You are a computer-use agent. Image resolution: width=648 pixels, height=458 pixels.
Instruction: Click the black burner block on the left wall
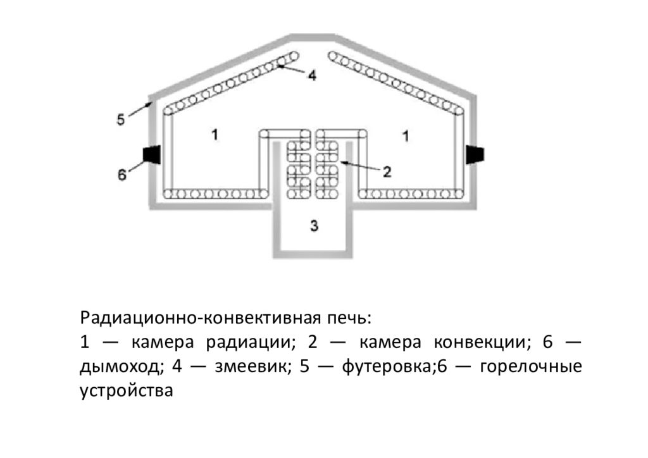(152, 154)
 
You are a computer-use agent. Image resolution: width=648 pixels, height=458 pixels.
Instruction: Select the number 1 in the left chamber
(215, 134)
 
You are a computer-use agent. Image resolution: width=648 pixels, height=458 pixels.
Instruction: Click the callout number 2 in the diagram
(388, 171)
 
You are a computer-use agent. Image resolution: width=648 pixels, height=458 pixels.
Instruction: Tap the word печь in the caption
(350, 316)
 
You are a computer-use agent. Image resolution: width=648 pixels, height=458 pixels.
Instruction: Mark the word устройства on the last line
(127, 390)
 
